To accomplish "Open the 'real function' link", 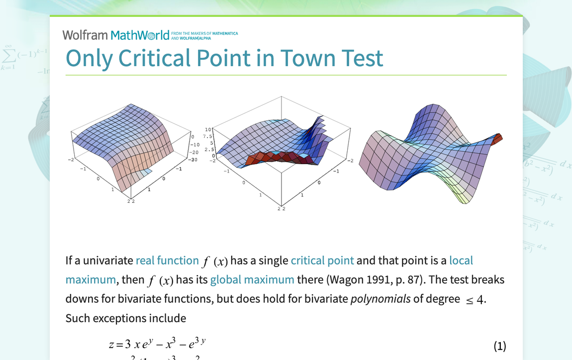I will point(167,261).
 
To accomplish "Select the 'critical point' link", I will point(322,261).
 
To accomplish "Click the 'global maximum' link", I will point(252,279).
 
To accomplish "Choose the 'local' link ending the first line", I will point(461,261).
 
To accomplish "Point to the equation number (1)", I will point(499,346).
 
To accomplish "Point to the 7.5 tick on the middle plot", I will point(208,136).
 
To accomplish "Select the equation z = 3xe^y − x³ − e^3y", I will point(157,344).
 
